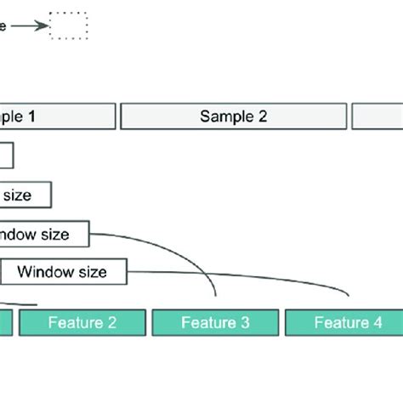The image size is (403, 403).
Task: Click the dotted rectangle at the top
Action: (x=69, y=26)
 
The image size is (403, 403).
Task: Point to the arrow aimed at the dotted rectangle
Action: (x=31, y=26)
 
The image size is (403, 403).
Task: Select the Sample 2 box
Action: (x=234, y=116)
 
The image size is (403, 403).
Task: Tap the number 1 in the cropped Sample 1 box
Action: (x=31, y=116)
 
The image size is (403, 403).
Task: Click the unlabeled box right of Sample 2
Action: (x=377, y=116)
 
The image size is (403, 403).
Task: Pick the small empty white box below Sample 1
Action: (x=6, y=156)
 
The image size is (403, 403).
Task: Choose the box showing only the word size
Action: (x=26, y=195)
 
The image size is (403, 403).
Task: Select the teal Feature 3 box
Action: (x=215, y=322)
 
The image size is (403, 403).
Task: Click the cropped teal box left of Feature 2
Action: (x=6, y=322)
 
